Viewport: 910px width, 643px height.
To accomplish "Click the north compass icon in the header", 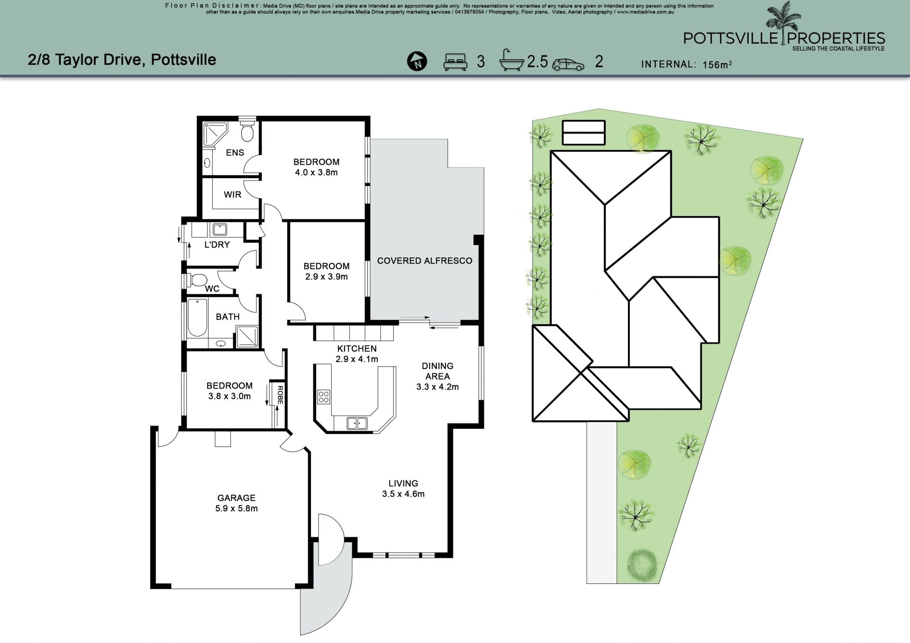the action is pyautogui.click(x=417, y=62).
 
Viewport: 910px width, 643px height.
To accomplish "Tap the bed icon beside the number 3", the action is pyautogui.click(x=455, y=62).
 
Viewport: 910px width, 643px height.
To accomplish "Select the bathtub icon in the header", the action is pyautogui.click(x=512, y=60).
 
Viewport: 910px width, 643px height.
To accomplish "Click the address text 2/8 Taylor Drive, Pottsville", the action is pyautogui.click(x=122, y=60).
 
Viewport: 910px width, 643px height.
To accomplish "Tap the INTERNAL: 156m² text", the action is pyautogui.click(x=686, y=64).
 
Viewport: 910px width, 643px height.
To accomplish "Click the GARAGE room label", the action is pyautogui.click(x=237, y=498).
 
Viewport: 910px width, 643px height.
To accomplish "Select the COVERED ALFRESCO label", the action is pyautogui.click(x=425, y=261).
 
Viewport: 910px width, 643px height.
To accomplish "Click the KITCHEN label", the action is pyautogui.click(x=357, y=348).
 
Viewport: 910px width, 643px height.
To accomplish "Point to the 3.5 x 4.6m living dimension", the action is pyautogui.click(x=403, y=494).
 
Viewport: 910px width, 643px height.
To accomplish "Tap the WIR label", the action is pyautogui.click(x=232, y=194).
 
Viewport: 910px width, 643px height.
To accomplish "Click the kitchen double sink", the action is pyautogui.click(x=357, y=423).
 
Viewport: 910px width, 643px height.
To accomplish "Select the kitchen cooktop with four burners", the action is pyautogui.click(x=324, y=397).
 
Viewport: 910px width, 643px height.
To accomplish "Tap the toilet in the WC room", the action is pyautogui.click(x=197, y=280).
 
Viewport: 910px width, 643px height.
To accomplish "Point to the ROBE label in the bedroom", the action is pyautogui.click(x=280, y=395).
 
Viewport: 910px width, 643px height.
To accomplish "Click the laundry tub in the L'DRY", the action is pyautogui.click(x=220, y=230).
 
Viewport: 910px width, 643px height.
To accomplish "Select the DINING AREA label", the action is pyautogui.click(x=437, y=371).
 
